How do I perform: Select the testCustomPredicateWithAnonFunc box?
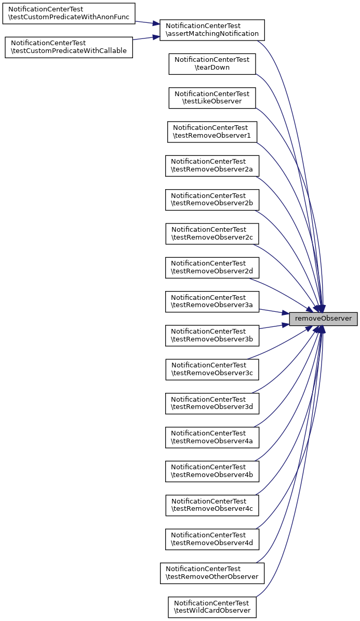pos(69,14)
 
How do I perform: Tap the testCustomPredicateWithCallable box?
pos(69,47)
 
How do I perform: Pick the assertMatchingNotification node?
pos(212,30)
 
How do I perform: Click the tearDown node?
pos(212,63)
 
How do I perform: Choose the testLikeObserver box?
pos(212,98)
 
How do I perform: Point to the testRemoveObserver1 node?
pos(212,131)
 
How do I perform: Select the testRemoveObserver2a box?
pos(212,166)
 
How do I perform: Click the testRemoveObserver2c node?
pos(212,234)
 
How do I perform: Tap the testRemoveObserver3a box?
pos(212,301)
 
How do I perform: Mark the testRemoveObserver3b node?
pos(212,336)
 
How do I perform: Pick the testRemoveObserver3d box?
pos(212,403)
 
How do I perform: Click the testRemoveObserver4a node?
pos(212,438)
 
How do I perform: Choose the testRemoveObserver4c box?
pos(212,505)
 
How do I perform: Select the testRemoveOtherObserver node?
pos(212,573)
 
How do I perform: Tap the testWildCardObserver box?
pos(212,607)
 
